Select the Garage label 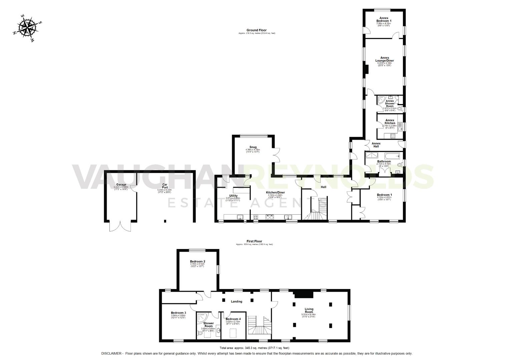121,185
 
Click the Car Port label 164,186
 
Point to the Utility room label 233,196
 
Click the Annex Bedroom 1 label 383,19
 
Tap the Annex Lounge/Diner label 384,59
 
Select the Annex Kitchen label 390,122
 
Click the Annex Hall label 376,145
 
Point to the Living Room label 309,310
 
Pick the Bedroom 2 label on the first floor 197,261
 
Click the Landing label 236,301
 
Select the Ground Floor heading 257,30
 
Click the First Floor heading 254,241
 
